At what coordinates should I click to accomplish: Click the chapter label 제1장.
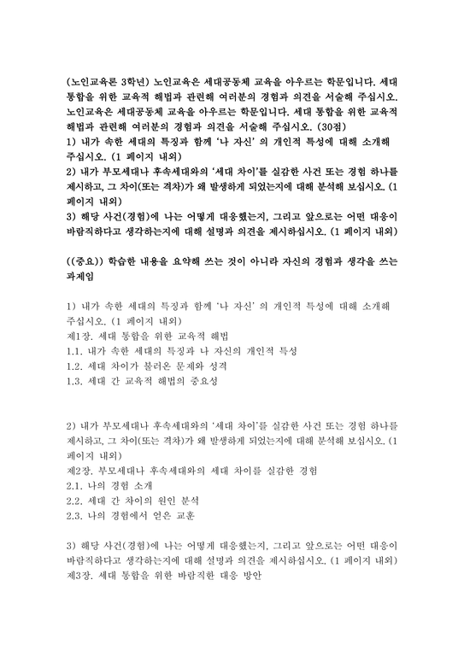80,334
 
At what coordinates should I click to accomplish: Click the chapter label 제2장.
80,470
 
